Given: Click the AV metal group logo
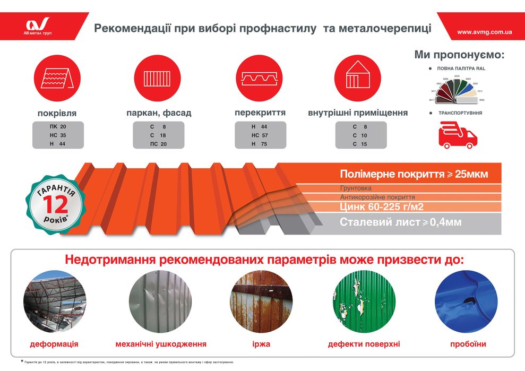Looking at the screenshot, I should (x=38, y=25).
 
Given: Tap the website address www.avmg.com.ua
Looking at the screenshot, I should (x=484, y=32).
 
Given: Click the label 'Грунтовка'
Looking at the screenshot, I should (x=356, y=188).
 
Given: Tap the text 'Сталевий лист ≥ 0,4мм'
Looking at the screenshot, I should (x=400, y=222).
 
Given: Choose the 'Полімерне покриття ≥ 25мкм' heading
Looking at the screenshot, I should (x=414, y=174).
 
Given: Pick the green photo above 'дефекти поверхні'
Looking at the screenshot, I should (x=364, y=301).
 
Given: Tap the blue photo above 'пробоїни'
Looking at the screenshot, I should (x=466, y=301).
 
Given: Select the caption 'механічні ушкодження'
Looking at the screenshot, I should (x=161, y=344).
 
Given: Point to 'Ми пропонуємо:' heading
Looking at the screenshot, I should (x=459, y=55).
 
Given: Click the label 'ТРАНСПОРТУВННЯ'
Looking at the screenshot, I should (x=460, y=113).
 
